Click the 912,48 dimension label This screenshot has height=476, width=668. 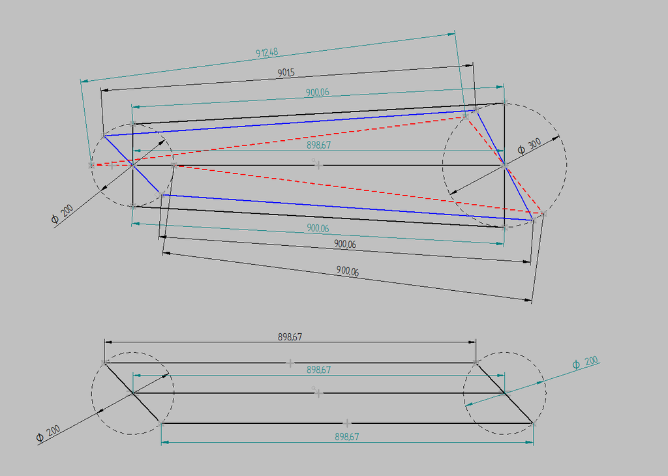point(267,53)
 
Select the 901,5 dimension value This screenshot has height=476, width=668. point(286,72)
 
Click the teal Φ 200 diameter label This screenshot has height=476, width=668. point(585,363)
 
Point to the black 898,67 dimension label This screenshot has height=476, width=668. point(290,336)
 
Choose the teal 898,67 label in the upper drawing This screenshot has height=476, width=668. point(318,145)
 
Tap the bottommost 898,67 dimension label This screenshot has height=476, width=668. point(347,437)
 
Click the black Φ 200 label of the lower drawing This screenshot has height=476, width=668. point(48,434)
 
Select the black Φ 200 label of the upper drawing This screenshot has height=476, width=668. point(62,214)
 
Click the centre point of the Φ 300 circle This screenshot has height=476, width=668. point(505,165)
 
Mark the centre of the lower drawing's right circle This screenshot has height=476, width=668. point(505,393)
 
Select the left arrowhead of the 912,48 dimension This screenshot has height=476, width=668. point(84,80)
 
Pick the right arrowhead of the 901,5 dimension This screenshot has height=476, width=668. point(469,66)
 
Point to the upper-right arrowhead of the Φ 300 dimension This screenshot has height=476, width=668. point(556,138)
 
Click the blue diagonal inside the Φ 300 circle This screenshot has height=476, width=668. point(504,165)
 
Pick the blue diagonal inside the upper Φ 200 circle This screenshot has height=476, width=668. point(132,165)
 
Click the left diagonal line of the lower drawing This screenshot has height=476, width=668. point(132,393)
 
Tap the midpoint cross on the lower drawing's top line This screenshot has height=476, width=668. point(290,363)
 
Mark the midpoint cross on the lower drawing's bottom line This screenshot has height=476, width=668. point(347,424)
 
